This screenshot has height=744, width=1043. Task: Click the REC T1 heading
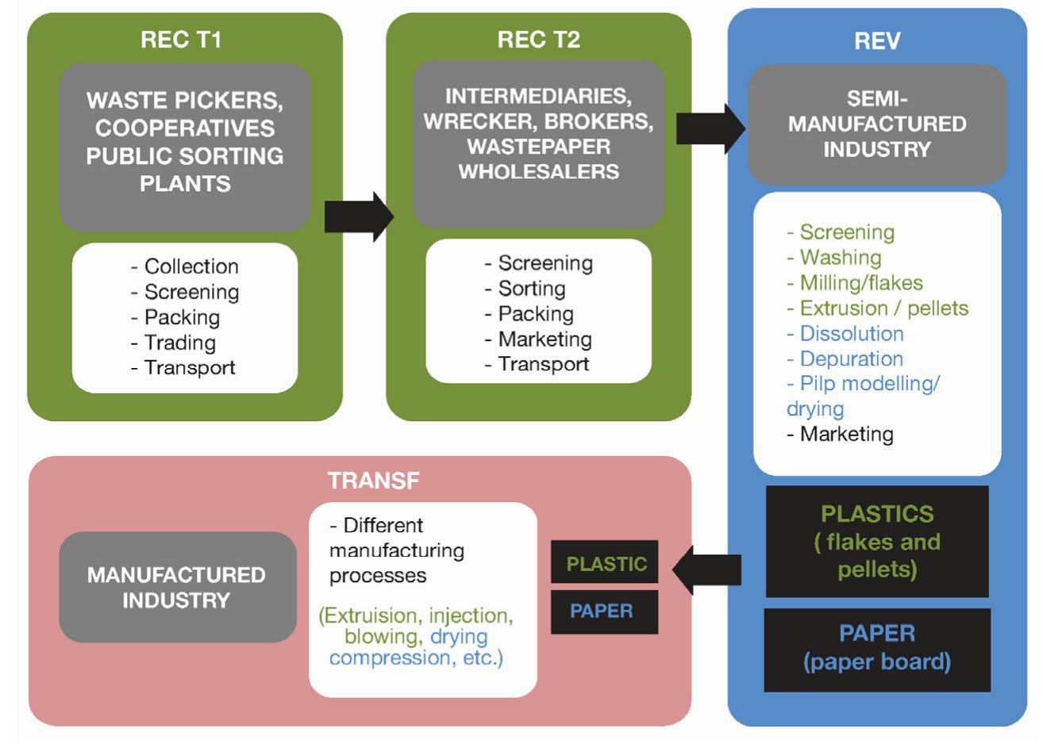(x=181, y=40)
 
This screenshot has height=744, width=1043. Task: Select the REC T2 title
(x=538, y=40)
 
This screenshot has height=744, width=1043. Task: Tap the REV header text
(x=877, y=41)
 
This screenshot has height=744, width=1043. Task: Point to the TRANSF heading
(x=373, y=480)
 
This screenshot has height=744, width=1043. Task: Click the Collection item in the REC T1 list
(x=191, y=267)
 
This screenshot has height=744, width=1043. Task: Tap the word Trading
(x=179, y=343)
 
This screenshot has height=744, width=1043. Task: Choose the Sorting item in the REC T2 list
(x=531, y=289)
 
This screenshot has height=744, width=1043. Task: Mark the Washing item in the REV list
(x=840, y=258)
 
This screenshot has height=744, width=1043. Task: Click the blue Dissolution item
(x=851, y=334)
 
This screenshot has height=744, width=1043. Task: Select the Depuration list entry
(x=851, y=359)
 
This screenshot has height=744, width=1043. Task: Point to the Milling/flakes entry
(x=860, y=283)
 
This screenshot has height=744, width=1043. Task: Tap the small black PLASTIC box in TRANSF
(x=605, y=564)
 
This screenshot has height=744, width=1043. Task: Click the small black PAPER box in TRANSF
(x=602, y=612)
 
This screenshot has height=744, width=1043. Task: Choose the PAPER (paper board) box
(x=877, y=648)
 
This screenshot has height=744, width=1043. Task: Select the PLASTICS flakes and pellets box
(x=877, y=542)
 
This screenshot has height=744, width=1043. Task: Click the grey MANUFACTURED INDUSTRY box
(x=177, y=587)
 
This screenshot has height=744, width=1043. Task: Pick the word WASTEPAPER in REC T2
(x=538, y=147)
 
